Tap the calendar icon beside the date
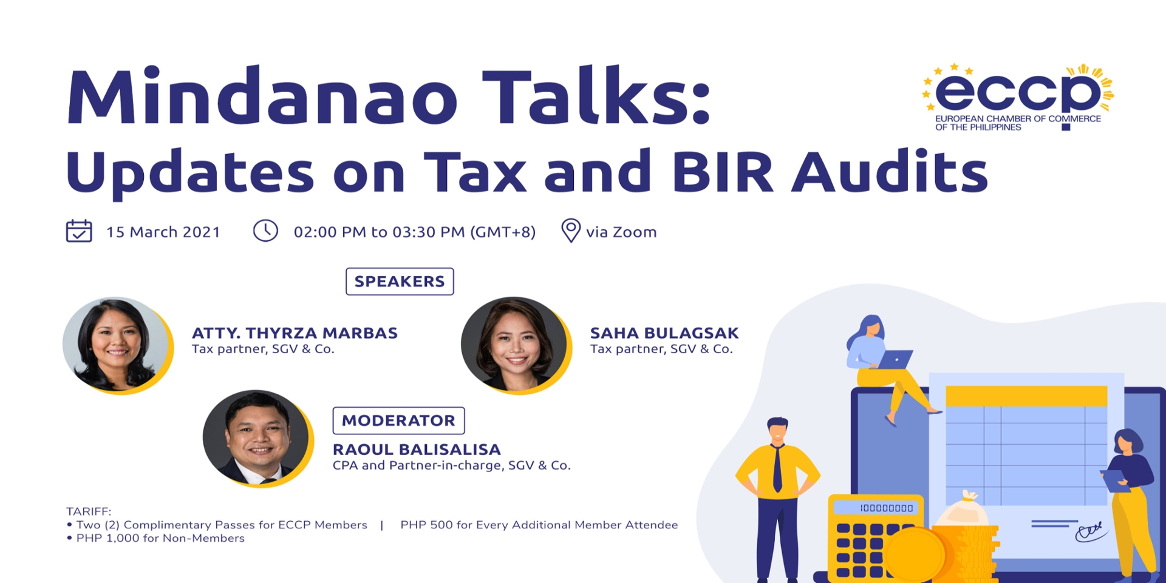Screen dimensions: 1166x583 pyautogui.click(x=79, y=231)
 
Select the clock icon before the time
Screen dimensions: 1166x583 pyautogui.click(x=265, y=231)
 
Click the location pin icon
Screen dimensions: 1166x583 pyautogui.click(x=570, y=231)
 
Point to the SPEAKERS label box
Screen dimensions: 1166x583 pyautogui.click(x=400, y=281)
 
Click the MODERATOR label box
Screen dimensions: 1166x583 pyautogui.click(x=398, y=420)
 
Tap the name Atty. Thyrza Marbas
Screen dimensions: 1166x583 pyautogui.click(x=295, y=333)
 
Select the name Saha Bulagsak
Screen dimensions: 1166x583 pyautogui.click(x=664, y=333)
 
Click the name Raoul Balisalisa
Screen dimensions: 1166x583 pyautogui.click(x=417, y=450)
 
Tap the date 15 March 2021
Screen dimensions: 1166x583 pyautogui.click(x=163, y=232)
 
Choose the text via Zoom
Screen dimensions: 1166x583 pyautogui.click(x=621, y=232)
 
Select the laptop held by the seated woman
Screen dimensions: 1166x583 pyautogui.click(x=895, y=359)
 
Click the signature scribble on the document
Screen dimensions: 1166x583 pyautogui.click(x=1091, y=531)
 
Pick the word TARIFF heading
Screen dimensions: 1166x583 pyautogui.click(x=89, y=511)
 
